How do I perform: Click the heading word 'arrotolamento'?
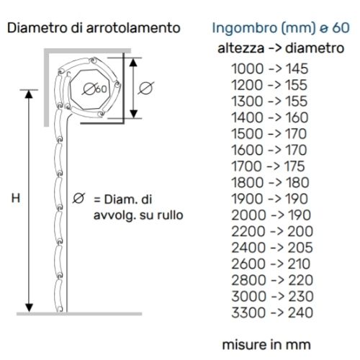click(133, 27)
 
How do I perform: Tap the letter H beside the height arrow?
click(16, 198)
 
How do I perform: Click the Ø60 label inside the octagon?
click(95, 89)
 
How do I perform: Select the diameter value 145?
click(297, 68)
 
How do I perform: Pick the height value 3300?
click(248, 312)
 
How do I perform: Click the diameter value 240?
click(301, 312)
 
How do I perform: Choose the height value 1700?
click(246, 166)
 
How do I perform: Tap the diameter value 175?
click(294, 166)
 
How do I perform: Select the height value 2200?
click(248, 231)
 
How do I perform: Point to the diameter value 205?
click(300, 248)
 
